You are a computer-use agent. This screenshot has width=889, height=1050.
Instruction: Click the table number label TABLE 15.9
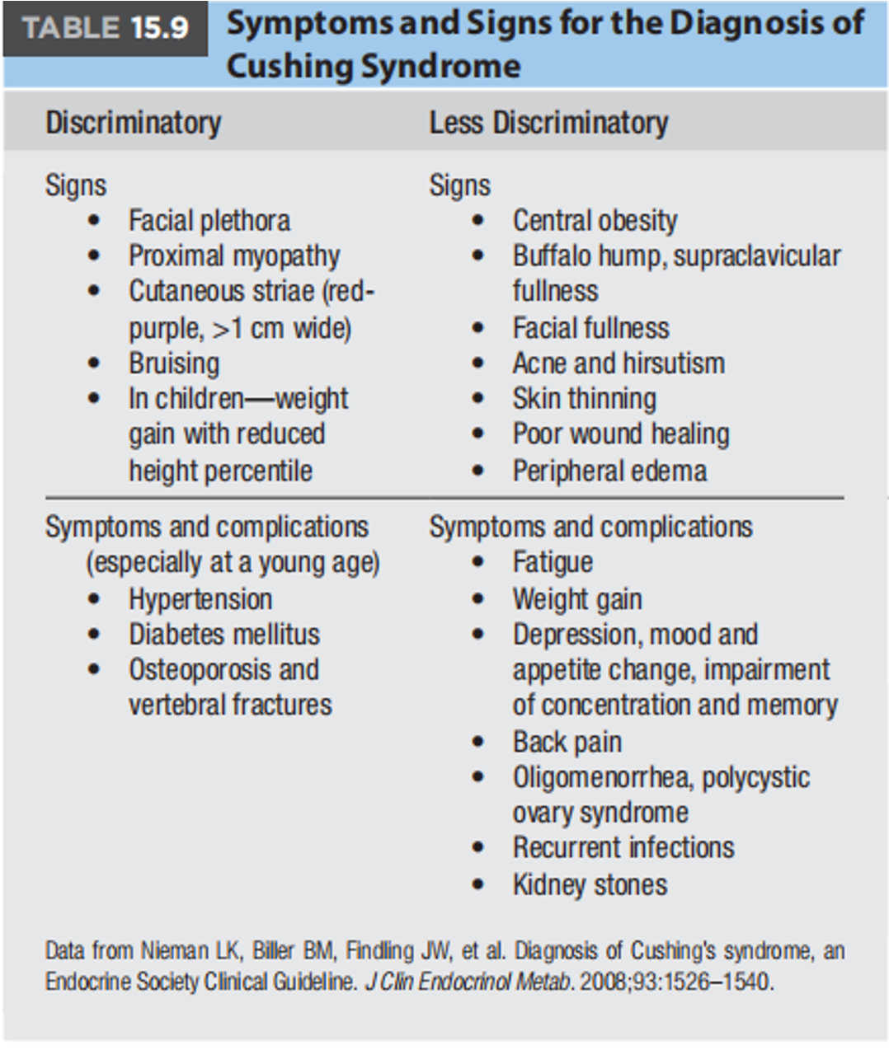pos(106,28)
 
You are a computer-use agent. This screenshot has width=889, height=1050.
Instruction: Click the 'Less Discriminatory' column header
pos(548,123)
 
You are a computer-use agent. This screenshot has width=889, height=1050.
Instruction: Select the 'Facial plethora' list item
pos(209,221)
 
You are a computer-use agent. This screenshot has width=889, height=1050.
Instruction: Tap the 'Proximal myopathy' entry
pos(234,256)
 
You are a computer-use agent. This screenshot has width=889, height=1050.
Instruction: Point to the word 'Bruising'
pos(174,363)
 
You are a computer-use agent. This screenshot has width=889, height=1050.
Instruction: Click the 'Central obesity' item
pos(595,221)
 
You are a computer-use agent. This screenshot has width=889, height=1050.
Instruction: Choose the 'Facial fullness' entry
pos(590,328)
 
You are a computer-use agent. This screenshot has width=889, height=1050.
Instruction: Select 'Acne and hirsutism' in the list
pos(619,363)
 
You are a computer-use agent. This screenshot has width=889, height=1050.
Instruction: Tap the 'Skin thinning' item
pos(585,399)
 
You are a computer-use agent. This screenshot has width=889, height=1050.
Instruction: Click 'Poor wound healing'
pos(621,434)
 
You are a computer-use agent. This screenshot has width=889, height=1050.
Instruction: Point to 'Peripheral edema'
pos(609,471)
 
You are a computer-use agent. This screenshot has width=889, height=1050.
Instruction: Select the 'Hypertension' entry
pos(200,599)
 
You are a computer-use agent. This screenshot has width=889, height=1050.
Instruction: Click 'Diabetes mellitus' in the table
pos(224,635)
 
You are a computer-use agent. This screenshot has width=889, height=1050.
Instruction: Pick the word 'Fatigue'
pos(553,562)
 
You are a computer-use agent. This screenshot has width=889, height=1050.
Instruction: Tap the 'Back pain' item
pos(567,742)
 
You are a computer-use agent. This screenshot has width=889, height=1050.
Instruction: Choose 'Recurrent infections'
pos(623,847)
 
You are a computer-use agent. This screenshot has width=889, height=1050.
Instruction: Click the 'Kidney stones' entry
pos(590,884)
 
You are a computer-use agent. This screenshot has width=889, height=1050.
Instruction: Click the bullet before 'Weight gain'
pos(478,599)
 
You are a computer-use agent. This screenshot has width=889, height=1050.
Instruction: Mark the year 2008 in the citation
pos(604,982)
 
